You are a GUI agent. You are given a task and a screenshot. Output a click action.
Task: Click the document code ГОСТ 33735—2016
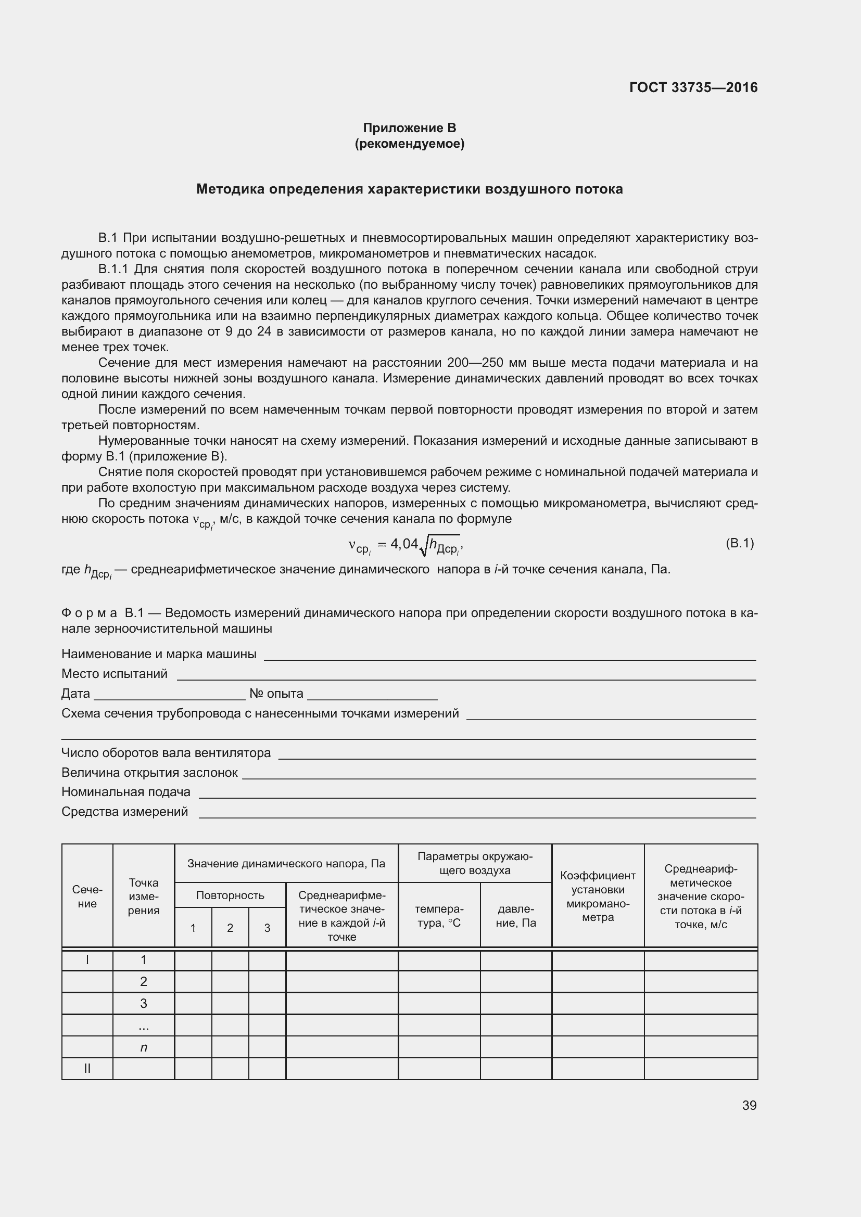pos(693,87)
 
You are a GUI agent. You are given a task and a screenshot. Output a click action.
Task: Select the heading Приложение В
pos(409,128)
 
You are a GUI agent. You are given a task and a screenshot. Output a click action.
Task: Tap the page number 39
pos(749,1105)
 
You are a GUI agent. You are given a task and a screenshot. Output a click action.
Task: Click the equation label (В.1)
pos(739,543)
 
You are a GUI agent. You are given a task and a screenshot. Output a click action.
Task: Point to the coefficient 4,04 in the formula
pos(404,544)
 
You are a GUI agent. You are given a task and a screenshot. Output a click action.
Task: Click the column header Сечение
pos(87,896)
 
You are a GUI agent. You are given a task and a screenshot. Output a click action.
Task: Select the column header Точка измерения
pos(144,896)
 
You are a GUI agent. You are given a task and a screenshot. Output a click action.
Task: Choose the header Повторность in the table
pos(230,895)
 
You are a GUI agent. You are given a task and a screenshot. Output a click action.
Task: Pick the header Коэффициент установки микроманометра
pos(598,896)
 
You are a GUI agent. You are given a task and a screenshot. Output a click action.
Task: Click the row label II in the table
pos(87,1069)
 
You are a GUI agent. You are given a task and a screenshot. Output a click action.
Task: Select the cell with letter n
pos(144,1047)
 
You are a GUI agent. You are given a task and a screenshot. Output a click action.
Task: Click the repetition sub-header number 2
pos(230,928)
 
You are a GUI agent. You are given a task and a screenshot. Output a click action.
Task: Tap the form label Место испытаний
pos(115,674)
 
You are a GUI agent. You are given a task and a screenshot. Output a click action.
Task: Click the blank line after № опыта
pos(372,695)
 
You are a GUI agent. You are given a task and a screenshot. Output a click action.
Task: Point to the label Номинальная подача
pos(125,792)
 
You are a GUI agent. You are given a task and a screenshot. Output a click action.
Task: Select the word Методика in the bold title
pos(230,189)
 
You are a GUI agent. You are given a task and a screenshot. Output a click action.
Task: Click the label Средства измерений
pos(124,812)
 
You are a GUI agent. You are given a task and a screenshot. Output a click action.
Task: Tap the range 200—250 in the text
pos(470,363)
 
